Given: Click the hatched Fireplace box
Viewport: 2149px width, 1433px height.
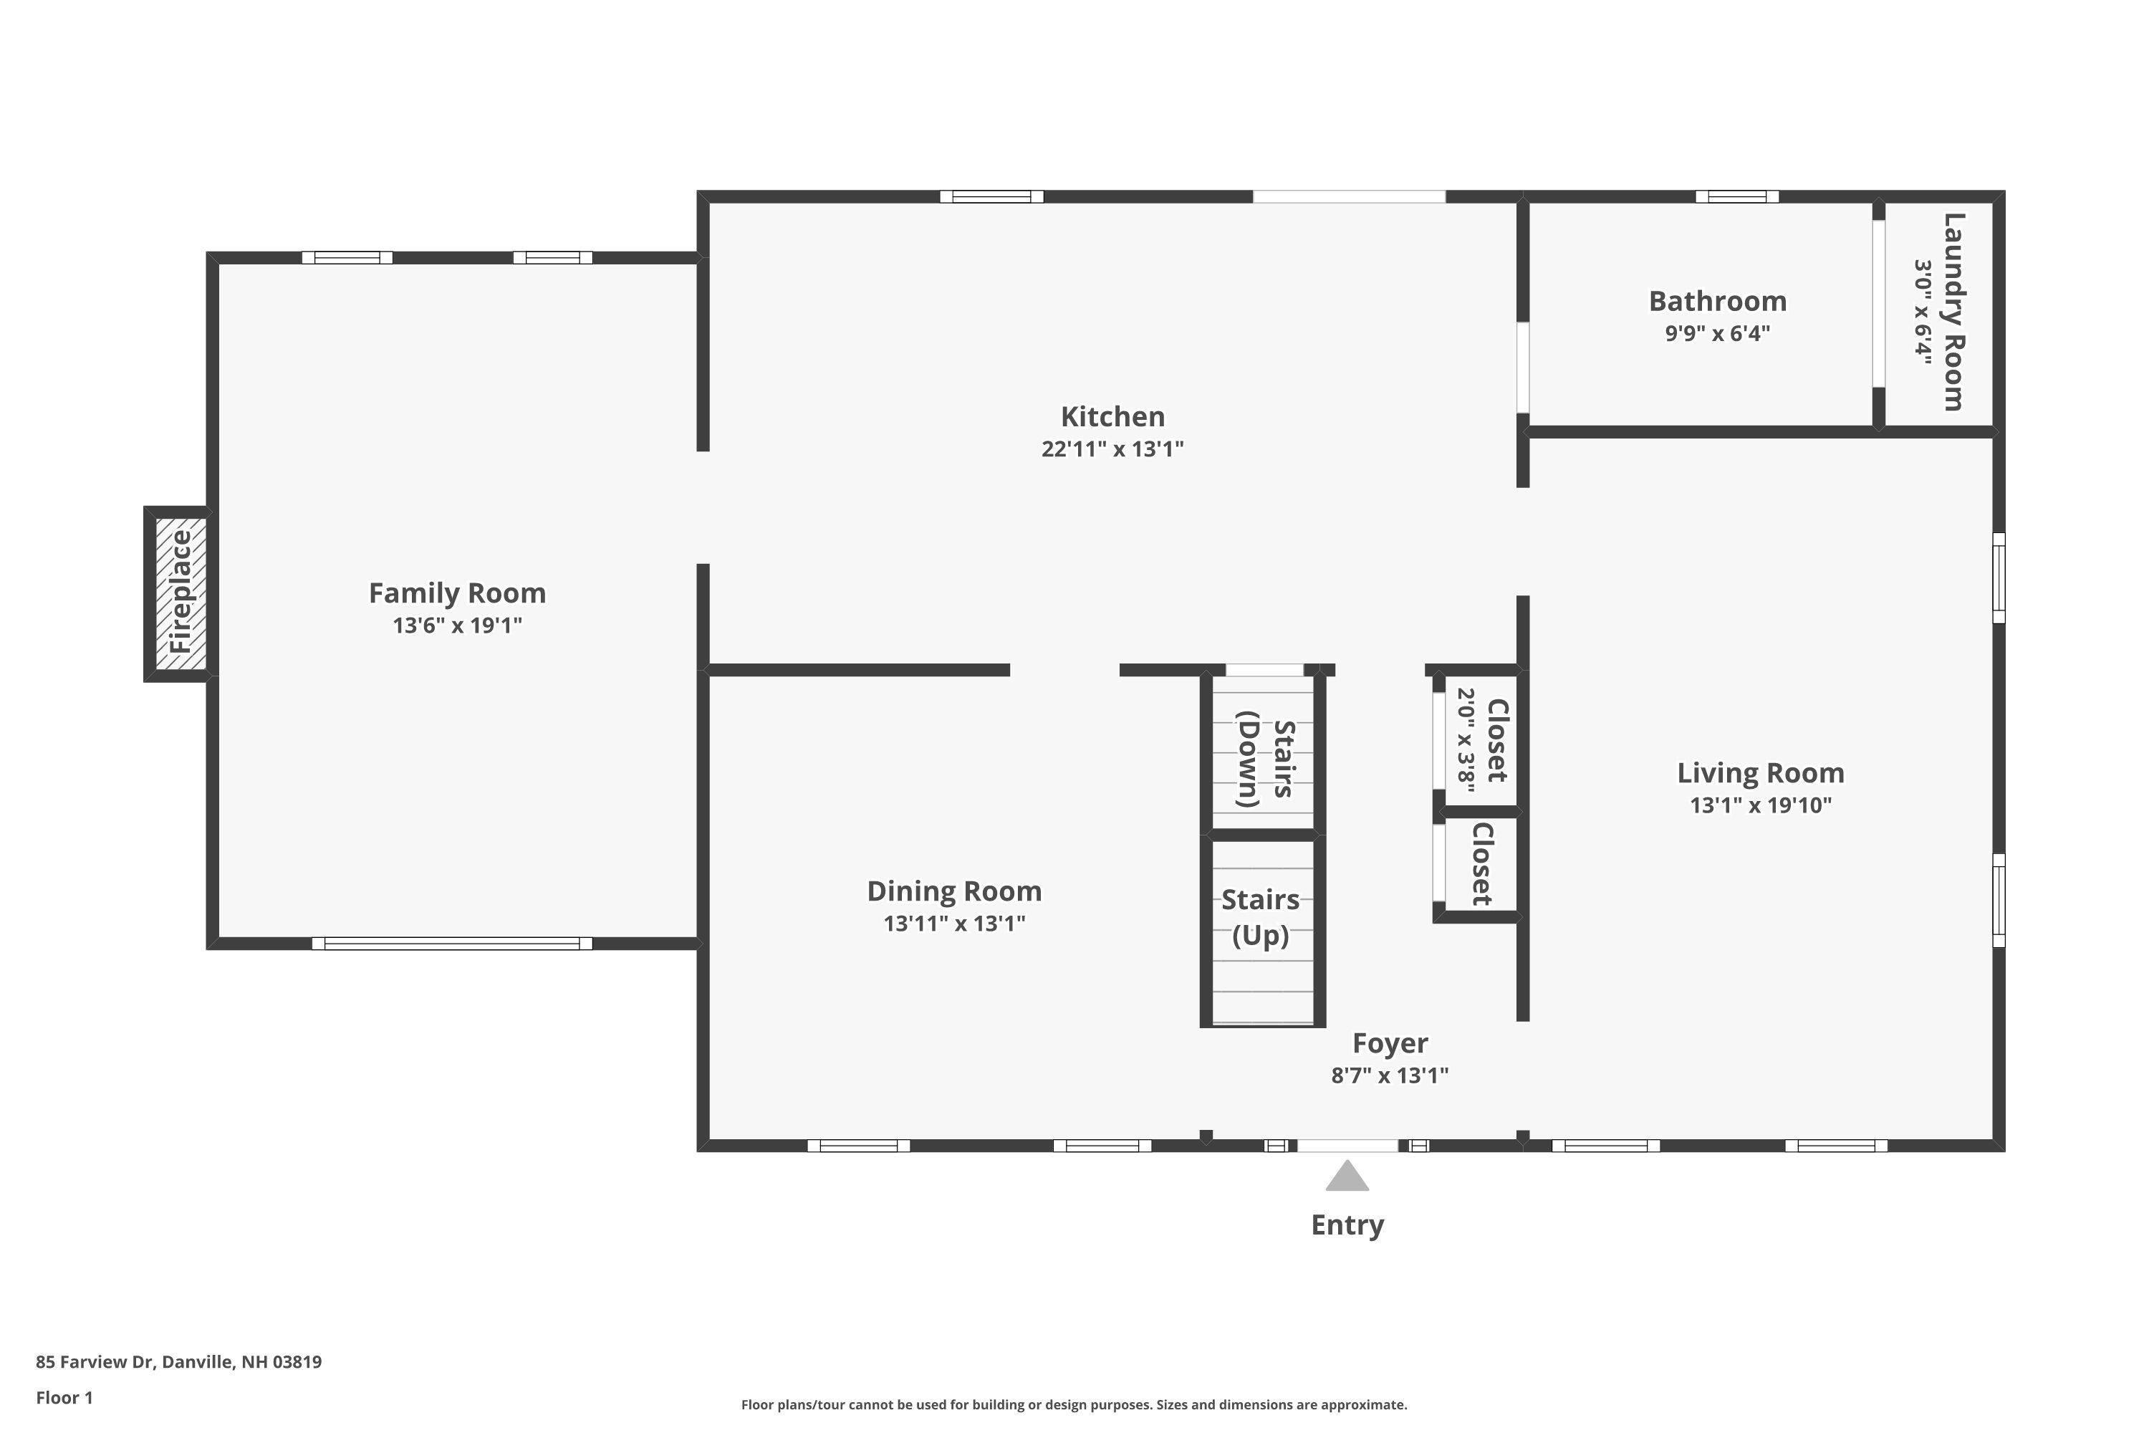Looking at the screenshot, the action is (180, 594).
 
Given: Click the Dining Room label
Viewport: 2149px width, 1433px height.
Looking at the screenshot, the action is (954, 891).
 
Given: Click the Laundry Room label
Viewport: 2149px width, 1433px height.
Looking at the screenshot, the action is (1953, 312).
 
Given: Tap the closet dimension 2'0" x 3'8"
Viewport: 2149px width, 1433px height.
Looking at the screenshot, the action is (1466, 739).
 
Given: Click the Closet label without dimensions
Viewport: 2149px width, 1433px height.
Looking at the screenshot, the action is (1482, 863).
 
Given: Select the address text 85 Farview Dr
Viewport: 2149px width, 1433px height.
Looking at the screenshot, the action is (94, 1362).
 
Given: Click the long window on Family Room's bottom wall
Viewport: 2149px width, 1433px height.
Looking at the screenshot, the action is (451, 943).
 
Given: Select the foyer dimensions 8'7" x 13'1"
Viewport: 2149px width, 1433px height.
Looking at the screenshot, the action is (1390, 1075).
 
